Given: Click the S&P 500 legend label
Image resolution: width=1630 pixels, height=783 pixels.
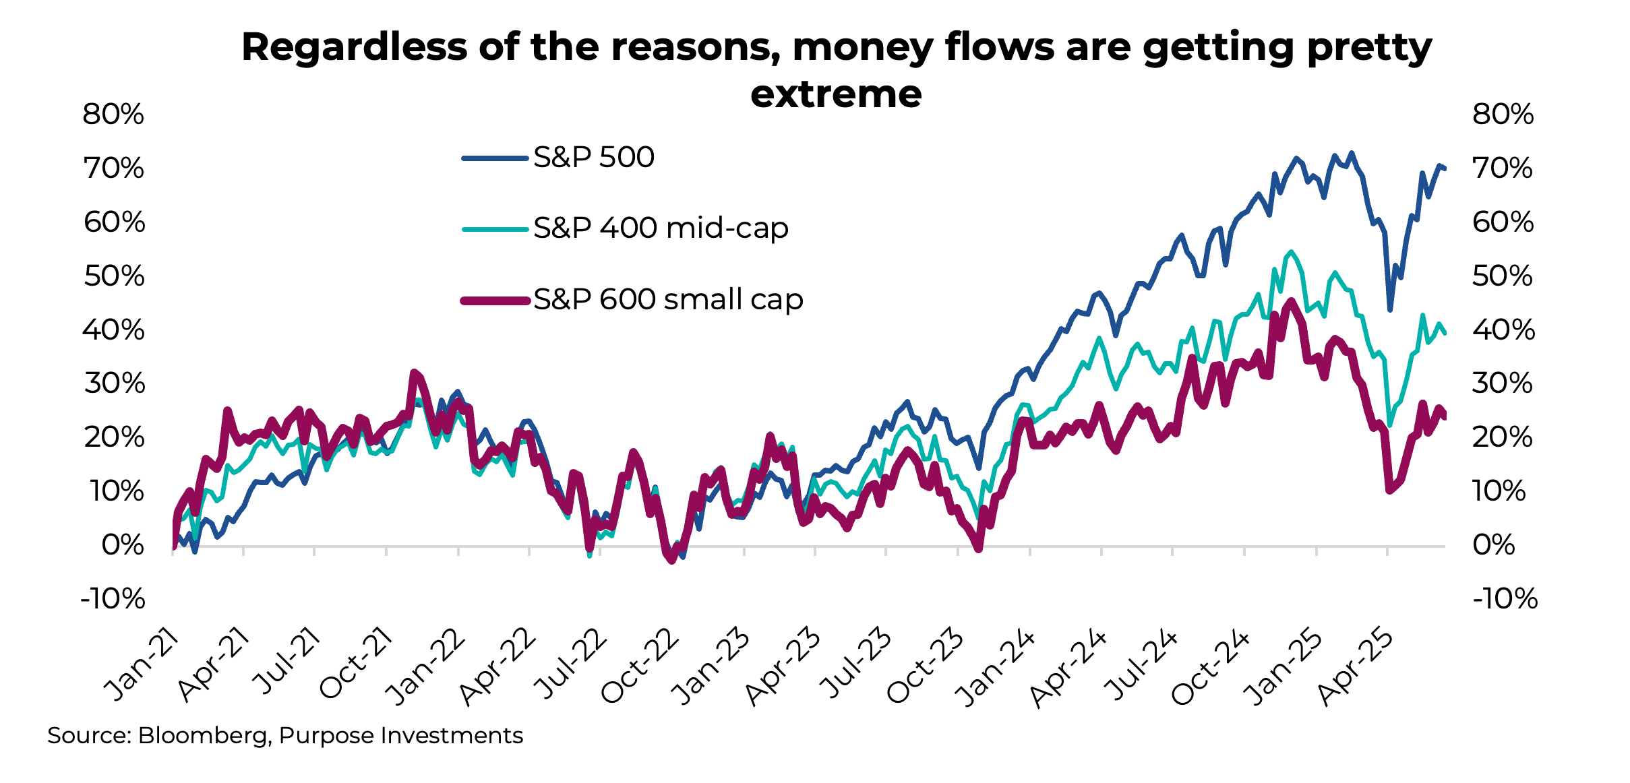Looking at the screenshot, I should pyautogui.click(x=593, y=158).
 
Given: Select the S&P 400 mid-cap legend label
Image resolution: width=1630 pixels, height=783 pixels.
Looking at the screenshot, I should pyautogui.click(x=661, y=228).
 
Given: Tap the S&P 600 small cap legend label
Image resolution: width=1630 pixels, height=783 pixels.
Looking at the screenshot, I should pyautogui.click(x=667, y=299).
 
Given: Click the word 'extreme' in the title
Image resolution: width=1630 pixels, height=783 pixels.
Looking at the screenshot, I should pyautogui.click(x=835, y=94).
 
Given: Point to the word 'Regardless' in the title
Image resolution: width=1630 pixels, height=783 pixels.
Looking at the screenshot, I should pyautogui.click(x=354, y=47).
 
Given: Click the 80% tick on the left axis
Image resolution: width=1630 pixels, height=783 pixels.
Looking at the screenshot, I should pyautogui.click(x=113, y=115).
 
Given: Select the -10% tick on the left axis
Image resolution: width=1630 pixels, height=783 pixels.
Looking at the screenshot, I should pyautogui.click(x=112, y=598).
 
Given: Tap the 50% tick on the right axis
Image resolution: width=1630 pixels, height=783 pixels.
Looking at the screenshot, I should pyautogui.click(x=1503, y=276).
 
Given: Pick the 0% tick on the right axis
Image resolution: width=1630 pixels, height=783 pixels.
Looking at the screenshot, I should pyautogui.click(x=1494, y=544).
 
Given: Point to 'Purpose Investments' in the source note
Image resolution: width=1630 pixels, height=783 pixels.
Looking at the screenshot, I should pyautogui.click(x=400, y=735).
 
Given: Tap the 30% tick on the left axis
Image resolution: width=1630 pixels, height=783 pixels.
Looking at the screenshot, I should pyautogui.click(x=113, y=383).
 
